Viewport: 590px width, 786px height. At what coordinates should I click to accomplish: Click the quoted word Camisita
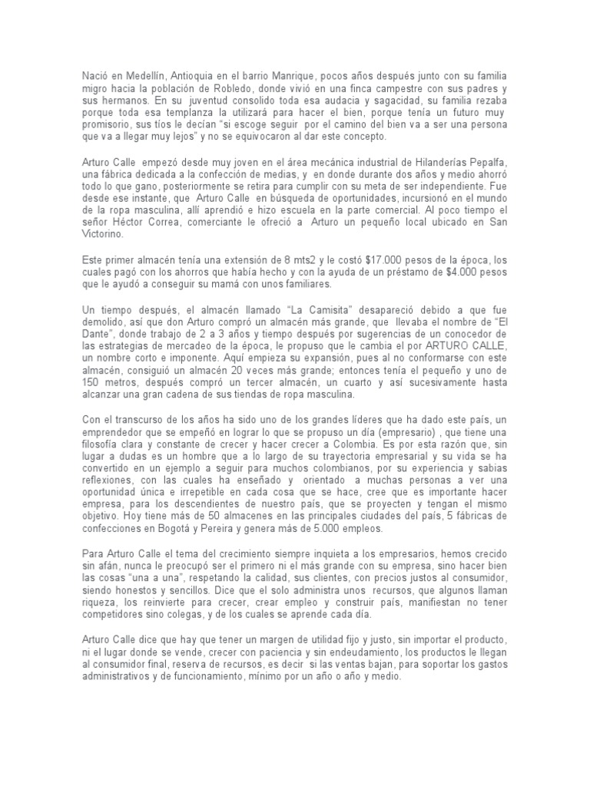pos(321,308)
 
